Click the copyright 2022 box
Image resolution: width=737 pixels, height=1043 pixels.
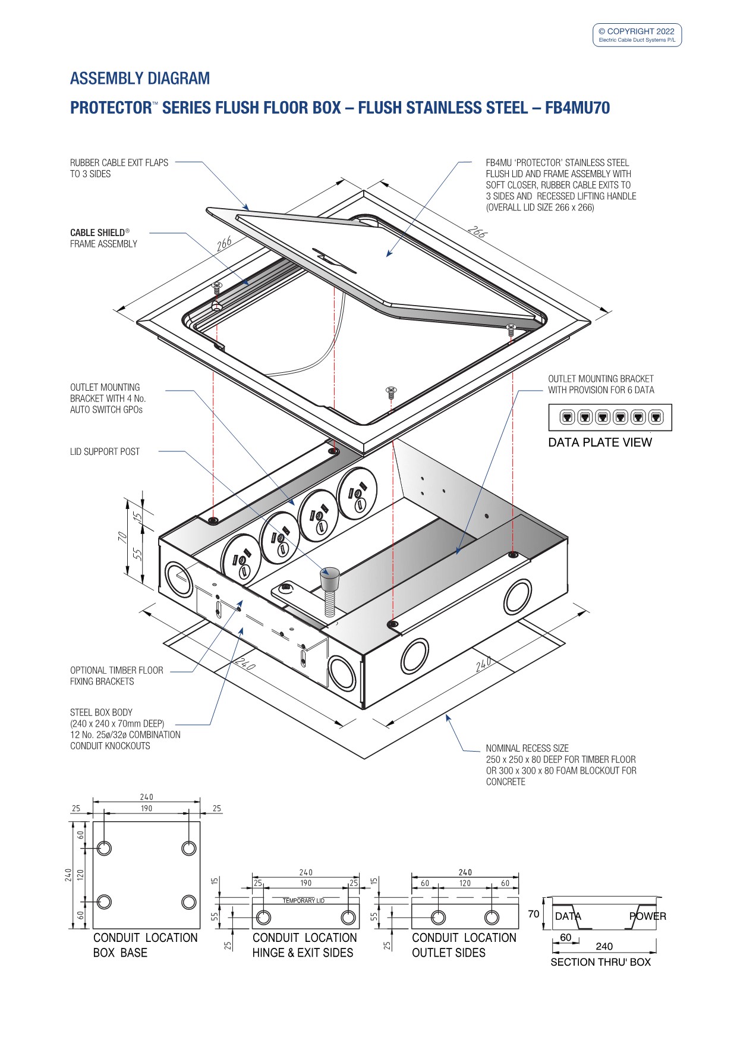[637, 35]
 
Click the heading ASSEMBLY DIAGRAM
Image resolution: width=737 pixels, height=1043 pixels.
[140, 78]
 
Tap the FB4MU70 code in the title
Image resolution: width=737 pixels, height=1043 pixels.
[577, 108]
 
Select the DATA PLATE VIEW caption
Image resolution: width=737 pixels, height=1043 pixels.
[600, 442]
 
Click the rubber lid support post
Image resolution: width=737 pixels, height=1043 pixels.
[329, 580]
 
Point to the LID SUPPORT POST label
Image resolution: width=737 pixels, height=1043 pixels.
[105, 452]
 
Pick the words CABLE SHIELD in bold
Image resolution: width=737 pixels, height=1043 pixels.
[97, 233]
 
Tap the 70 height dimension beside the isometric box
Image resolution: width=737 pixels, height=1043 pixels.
[123, 536]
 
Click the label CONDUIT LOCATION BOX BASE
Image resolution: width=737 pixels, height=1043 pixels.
[145, 945]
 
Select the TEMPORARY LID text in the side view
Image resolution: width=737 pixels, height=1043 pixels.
[304, 900]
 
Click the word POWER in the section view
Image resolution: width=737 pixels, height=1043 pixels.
[648, 916]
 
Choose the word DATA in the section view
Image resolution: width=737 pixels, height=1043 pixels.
[568, 916]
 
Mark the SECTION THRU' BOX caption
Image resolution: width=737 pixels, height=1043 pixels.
[600, 962]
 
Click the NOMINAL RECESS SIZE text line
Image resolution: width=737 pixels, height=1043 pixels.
[527, 748]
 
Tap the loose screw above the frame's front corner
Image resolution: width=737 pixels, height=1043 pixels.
[391, 392]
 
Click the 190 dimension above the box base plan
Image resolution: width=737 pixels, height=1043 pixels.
[146, 809]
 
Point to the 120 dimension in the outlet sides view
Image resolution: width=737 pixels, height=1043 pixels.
[465, 883]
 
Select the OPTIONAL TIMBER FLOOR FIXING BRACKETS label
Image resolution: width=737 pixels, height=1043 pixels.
[116, 676]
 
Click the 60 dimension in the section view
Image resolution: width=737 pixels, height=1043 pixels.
[565, 938]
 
